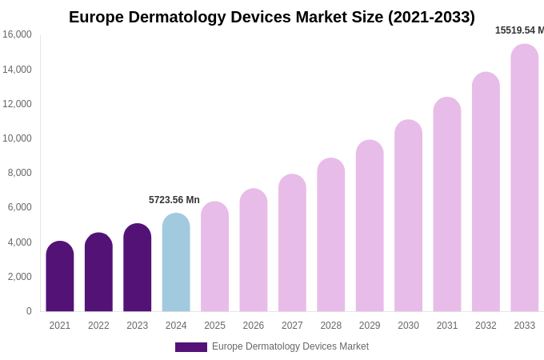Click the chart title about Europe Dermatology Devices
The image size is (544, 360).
(x=271, y=17)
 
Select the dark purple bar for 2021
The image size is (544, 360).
(x=60, y=277)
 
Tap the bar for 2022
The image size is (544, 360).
(x=98, y=273)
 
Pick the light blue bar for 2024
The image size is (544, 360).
(x=176, y=263)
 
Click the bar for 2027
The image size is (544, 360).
(x=292, y=243)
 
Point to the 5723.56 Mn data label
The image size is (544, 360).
(x=174, y=200)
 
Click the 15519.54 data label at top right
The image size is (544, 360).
(x=518, y=30)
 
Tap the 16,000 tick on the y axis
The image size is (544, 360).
(x=17, y=34)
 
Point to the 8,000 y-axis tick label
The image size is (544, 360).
(x=19, y=173)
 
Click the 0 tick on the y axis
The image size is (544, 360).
(x=29, y=311)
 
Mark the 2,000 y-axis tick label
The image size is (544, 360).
(x=19, y=277)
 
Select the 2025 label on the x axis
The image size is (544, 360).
(x=214, y=326)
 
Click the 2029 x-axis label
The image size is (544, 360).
(x=370, y=326)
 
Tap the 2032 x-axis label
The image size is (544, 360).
(x=486, y=326)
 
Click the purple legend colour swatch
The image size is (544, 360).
(x=191, y=347)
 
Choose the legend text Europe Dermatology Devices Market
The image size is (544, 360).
(x=290, y=346)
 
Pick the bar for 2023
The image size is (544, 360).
(x=138, y=268)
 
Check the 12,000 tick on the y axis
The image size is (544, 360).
(x=17, y=104)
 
